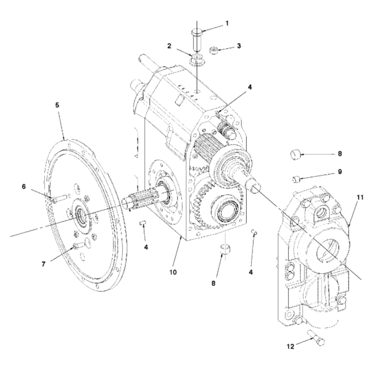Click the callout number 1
227,23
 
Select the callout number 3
239,46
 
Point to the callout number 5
57,105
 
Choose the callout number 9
340,172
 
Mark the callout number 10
173,273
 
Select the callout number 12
292,347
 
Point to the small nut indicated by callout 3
213,50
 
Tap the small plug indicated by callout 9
296,179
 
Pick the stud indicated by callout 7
80,245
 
